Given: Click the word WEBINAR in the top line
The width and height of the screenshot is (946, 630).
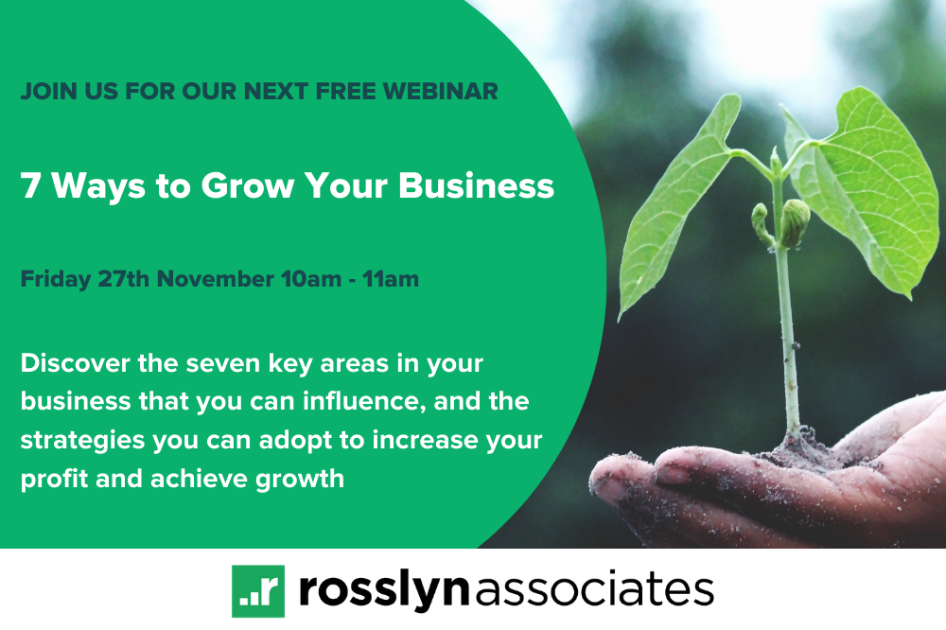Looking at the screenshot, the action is tap(441, 92).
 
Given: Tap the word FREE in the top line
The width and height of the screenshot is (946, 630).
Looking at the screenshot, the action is tap(346, 92).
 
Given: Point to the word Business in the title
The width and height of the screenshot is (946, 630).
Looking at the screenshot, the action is tap(476, 185).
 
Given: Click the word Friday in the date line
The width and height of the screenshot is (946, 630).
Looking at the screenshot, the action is tap(56, 280).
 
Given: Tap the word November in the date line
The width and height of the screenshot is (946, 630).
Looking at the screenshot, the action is tap(216, 279).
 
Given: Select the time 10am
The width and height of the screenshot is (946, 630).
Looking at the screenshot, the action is tap(310, 279).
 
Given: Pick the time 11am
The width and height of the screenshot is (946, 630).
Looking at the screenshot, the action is tap(391, 279).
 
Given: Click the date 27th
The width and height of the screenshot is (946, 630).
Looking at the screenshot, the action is tap(123, 279).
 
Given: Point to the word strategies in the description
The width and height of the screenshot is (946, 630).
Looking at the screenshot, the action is tap(82, 441).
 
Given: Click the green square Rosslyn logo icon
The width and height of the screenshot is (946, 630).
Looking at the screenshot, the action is tap(258, 591).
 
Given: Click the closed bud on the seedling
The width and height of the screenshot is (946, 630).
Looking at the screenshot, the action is tap(796, 222).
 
